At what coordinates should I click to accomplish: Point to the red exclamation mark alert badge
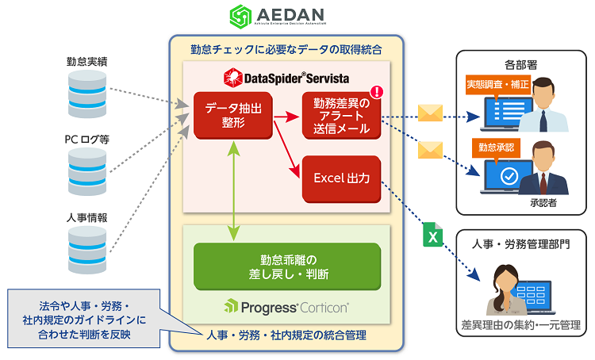[376, 92]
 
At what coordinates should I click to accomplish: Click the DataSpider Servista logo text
[286, 76]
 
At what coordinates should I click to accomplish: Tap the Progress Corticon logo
[286, 307]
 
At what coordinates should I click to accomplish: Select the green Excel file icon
[432, 235]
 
